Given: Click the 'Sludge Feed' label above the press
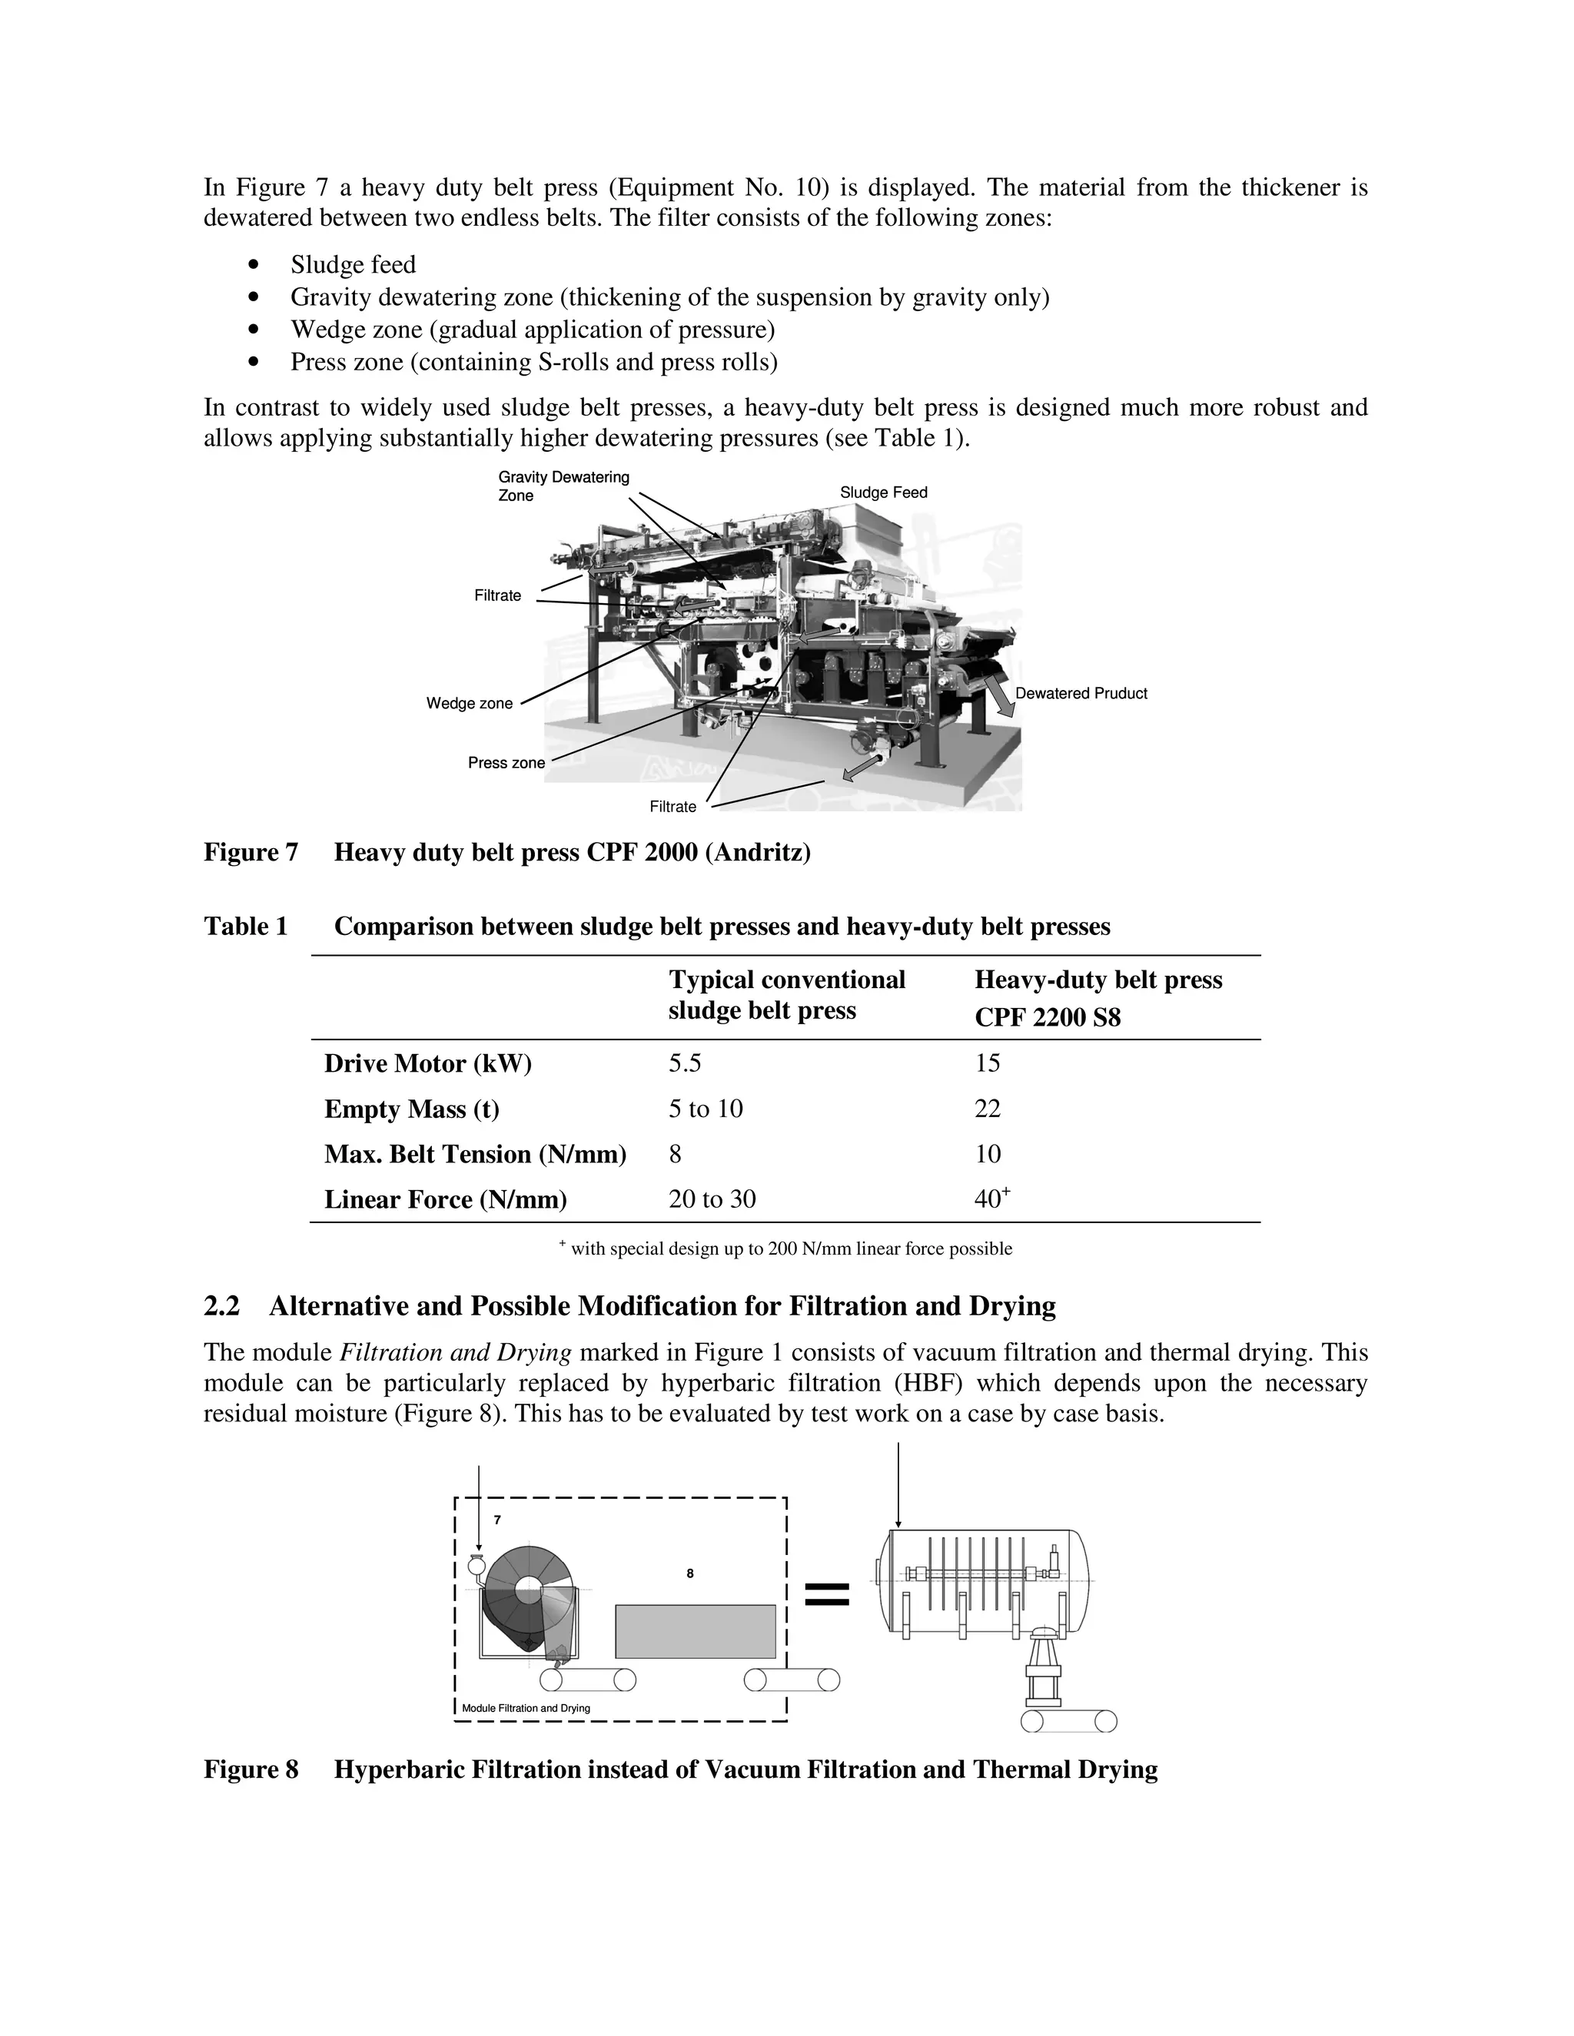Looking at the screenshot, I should pos(883,492).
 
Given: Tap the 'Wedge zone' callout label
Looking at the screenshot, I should pos(469,703).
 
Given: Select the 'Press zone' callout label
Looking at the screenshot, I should pos(506,763).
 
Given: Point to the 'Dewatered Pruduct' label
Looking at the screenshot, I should pos(1081,694).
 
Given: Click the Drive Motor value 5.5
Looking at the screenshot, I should pos(685,1063).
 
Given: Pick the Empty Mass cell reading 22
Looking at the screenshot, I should pos(988,1109).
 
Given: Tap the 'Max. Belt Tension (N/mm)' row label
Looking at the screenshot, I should pos(475,1154).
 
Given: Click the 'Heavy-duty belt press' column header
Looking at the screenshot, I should pos(1097,980).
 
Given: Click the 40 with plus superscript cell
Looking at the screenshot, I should pos(991,1198).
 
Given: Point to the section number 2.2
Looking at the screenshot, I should pos(222,1306).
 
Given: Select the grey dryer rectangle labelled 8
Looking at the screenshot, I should pos(695,1631).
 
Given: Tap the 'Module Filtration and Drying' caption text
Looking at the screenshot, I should pos(526,1708).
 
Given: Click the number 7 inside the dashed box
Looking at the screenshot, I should pos(497,1520).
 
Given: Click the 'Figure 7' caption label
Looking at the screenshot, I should pos(251,852).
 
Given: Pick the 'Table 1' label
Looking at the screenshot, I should pos(245,926).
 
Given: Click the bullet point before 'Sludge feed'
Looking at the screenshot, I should pos(253,265).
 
